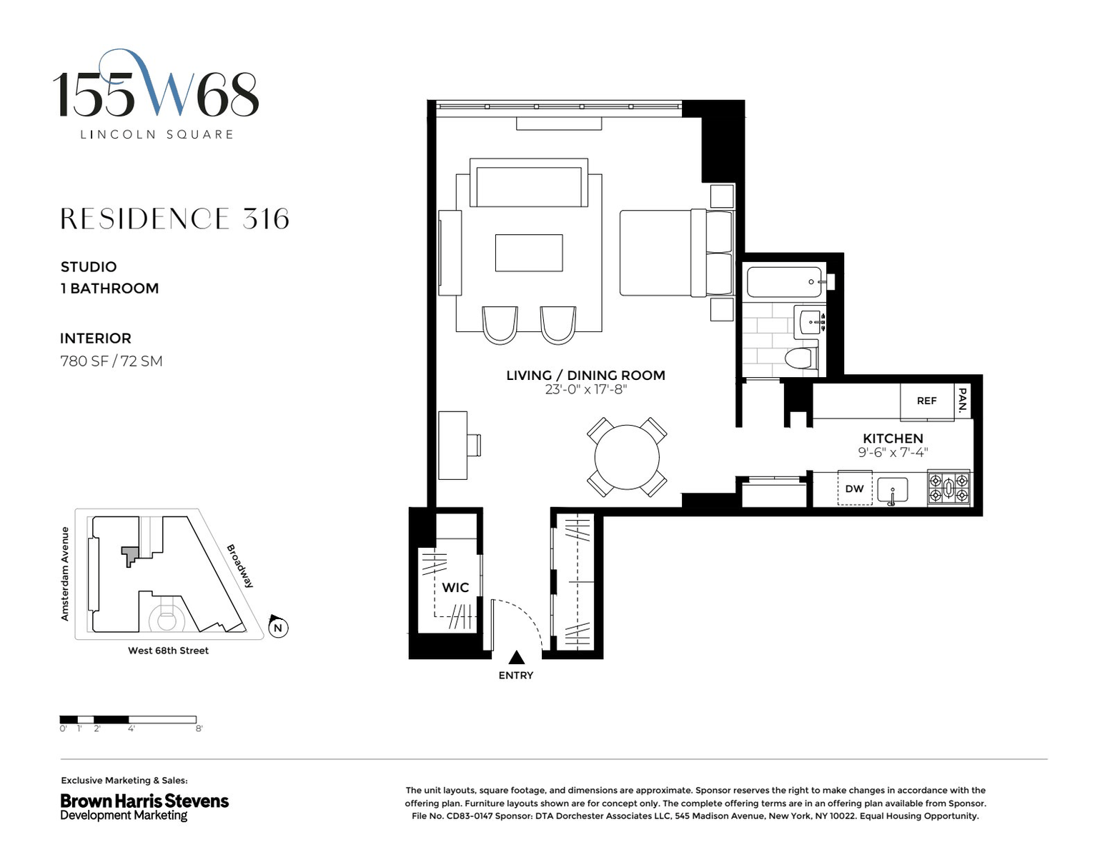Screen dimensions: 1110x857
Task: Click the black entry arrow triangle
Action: pyautogui.click(x=517, y=657)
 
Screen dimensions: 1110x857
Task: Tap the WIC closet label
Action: pyautogui.click(x=455, y=588)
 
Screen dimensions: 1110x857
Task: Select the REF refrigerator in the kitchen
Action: pyautogui.click(x=926, y=401)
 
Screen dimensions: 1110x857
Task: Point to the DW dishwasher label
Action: pyautogui.click(x=854, y=488)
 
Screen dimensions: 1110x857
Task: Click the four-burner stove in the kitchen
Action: pyautogui.click(x=948, y=488)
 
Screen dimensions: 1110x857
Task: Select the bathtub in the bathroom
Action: pyautogui.click(x=784, y=282)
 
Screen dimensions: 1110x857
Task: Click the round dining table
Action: pyautogui.click(x=627, y=457)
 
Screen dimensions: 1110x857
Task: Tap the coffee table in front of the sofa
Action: pyautogui.click(x=529, y=253)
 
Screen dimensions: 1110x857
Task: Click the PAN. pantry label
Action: pyautogui.click(x=962, y=400)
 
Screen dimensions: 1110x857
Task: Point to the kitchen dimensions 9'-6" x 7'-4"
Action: pyautogui.click(x=893, y=452)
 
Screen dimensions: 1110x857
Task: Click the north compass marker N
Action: pyautogui.click(x=278, y=627)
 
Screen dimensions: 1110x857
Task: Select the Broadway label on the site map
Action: pyautogui.click(x=240, y=566)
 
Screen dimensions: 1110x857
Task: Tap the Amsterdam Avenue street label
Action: pyautogui.click(x=64, y=573)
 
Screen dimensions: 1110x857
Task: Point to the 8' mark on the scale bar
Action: pyautogui.click(x=199, y=728)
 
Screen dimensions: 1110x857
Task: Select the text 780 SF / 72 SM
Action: pyautogui.click(x=112, y=361)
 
